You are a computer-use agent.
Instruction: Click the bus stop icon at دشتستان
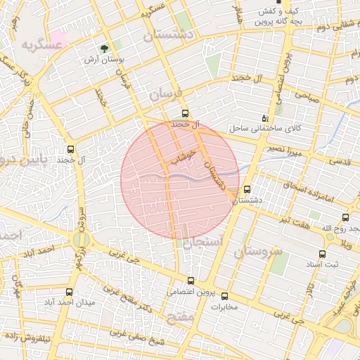point(247,189)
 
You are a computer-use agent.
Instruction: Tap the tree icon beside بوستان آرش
point(105,49)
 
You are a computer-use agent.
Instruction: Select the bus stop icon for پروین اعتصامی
point(190,281)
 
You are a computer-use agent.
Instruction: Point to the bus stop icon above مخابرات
point(225,296)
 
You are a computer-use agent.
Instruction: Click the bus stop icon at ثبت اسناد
point(322,255)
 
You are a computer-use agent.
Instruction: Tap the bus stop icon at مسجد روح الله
point(345,218)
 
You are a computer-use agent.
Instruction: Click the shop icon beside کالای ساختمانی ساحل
point(265,118)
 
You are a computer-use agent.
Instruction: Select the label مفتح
point(182,318)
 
